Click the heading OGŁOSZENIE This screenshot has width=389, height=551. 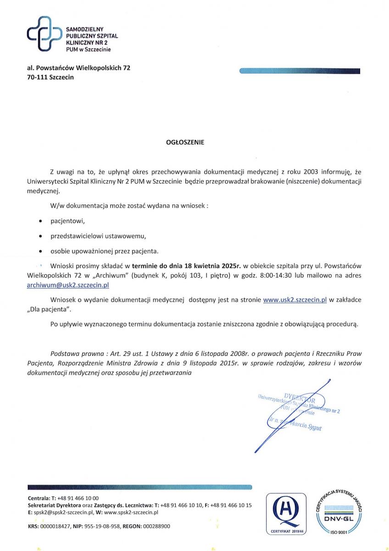pyautogui.click(x=185, y=142)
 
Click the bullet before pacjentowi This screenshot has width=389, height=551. pyautogui.click(x=41, y=221)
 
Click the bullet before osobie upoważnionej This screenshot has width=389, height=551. pyautogui.click(x=41, y=252)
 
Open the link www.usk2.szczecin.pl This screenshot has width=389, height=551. pyautogui.click(x=295, y=300)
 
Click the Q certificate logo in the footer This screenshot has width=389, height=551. pyautogui.click(x=285, y=512)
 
